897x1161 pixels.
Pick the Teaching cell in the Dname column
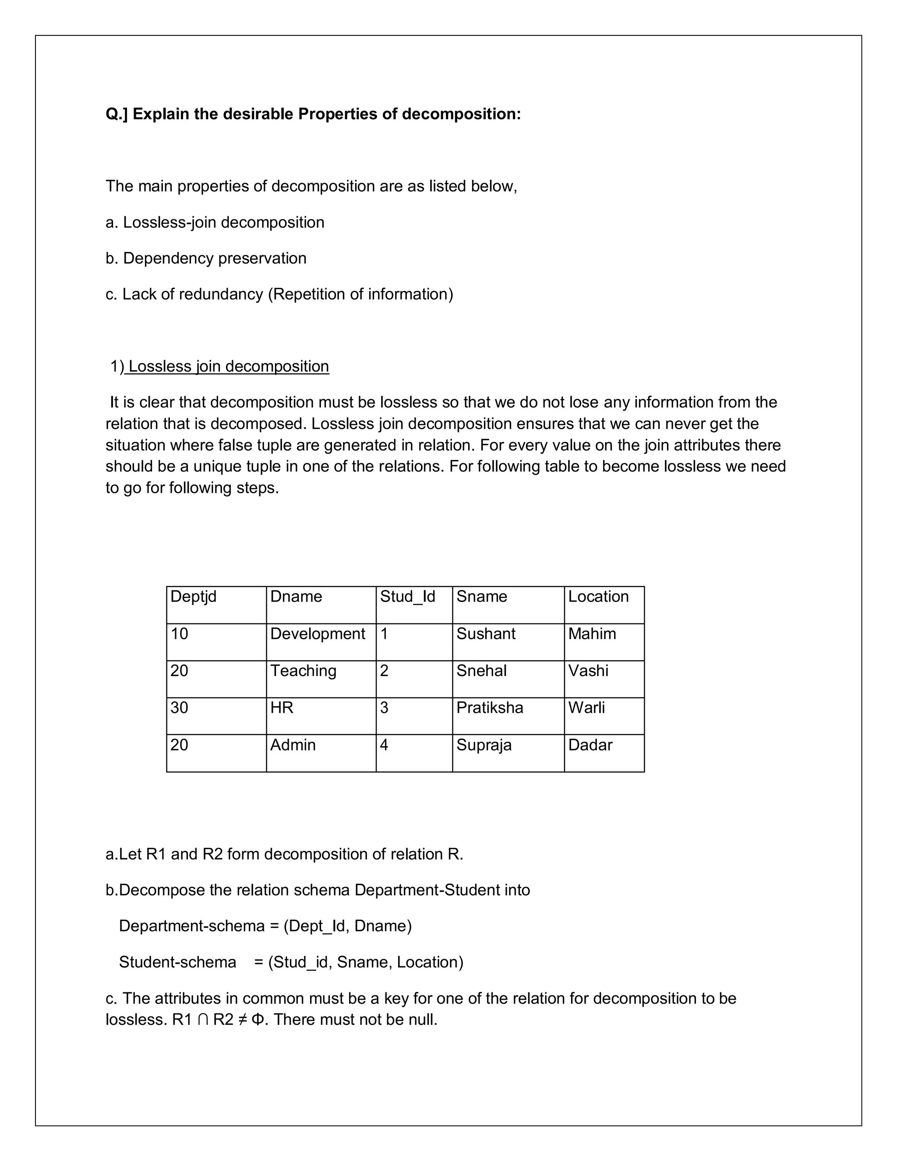(x=303, y=671)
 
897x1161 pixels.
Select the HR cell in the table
(x=282, y=708)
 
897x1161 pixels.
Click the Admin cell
(x=293, y=745)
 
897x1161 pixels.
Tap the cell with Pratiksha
(x=489, y=708)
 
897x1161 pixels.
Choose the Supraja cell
(x=484, y=745)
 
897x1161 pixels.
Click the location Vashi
(x=588, y=671)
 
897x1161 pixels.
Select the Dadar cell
(x=590, y=745)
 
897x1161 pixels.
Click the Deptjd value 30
(x=180, y=708)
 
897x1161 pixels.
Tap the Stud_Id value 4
(x=384, y=745)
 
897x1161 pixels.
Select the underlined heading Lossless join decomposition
(x=229, y=367)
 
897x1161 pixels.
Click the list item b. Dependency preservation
(x=206, y=258)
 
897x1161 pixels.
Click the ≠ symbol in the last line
(x=242, y=1019)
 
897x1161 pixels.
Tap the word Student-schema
(x=177, y=962)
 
